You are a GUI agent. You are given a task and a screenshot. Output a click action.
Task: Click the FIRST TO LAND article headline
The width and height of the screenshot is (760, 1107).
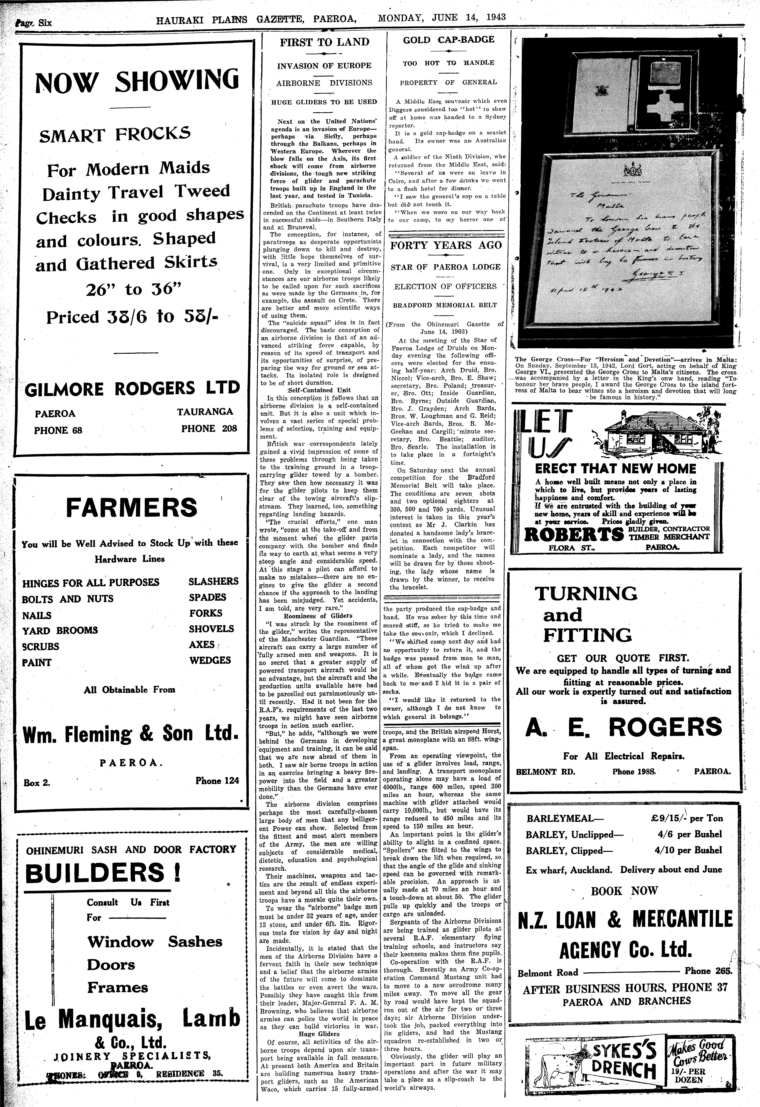[324, 42]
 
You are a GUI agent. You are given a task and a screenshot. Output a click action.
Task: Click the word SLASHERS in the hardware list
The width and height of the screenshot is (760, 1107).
[213, 581]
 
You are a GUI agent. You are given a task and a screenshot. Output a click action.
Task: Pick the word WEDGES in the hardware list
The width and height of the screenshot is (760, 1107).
[210, 660]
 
